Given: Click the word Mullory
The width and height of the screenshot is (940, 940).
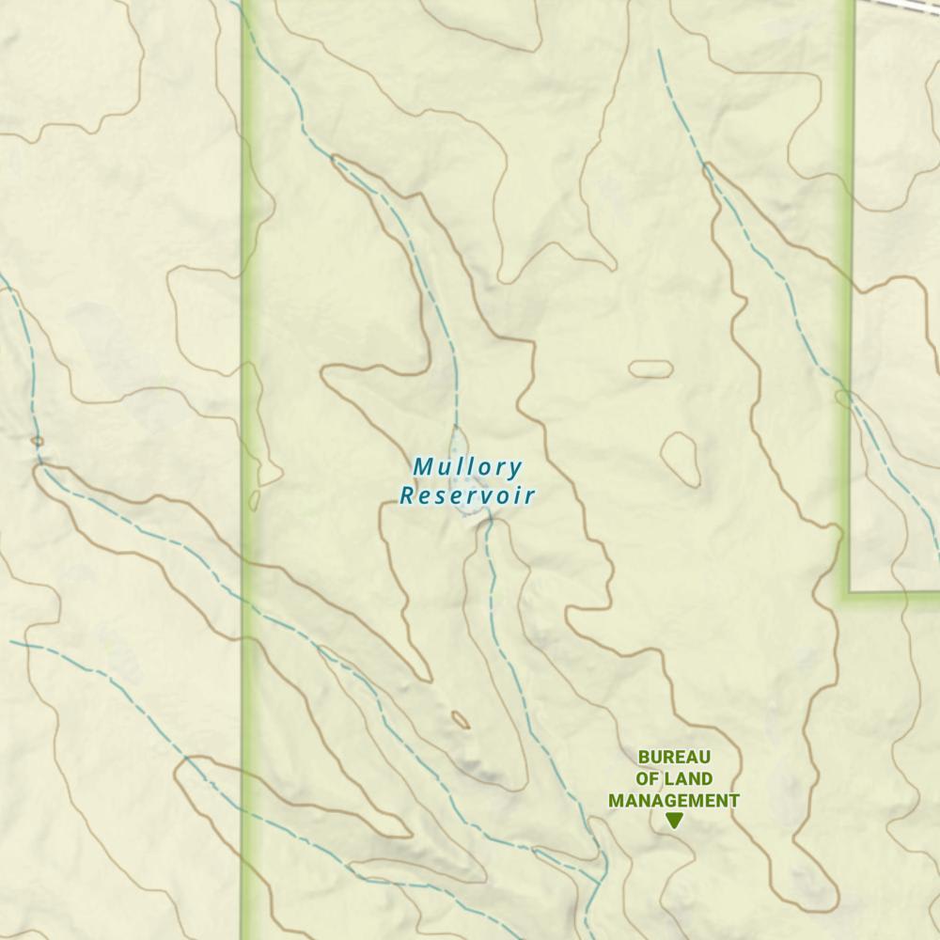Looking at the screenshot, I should coord(467,466).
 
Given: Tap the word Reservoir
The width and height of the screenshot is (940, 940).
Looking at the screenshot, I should coord(467,495).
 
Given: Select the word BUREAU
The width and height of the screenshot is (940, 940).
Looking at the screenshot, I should coord(674,757).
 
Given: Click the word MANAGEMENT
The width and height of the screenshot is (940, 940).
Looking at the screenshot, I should coord(673,801).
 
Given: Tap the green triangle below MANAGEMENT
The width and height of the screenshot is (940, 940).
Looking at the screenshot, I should coord(673,821).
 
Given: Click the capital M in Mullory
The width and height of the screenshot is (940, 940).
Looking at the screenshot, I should coord(421,466).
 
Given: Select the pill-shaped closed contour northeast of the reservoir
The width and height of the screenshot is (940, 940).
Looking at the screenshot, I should coord(650,368).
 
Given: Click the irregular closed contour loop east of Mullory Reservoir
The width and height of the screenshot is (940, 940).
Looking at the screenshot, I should coord(681,459).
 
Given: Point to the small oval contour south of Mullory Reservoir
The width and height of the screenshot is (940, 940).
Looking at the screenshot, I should coord(460,720).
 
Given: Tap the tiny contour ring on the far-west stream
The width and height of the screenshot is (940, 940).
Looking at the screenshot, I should coord(38,440).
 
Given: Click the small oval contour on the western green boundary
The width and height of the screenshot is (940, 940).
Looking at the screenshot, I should coord(254,500).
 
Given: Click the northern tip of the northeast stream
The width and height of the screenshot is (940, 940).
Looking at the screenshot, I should coord(659,52).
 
